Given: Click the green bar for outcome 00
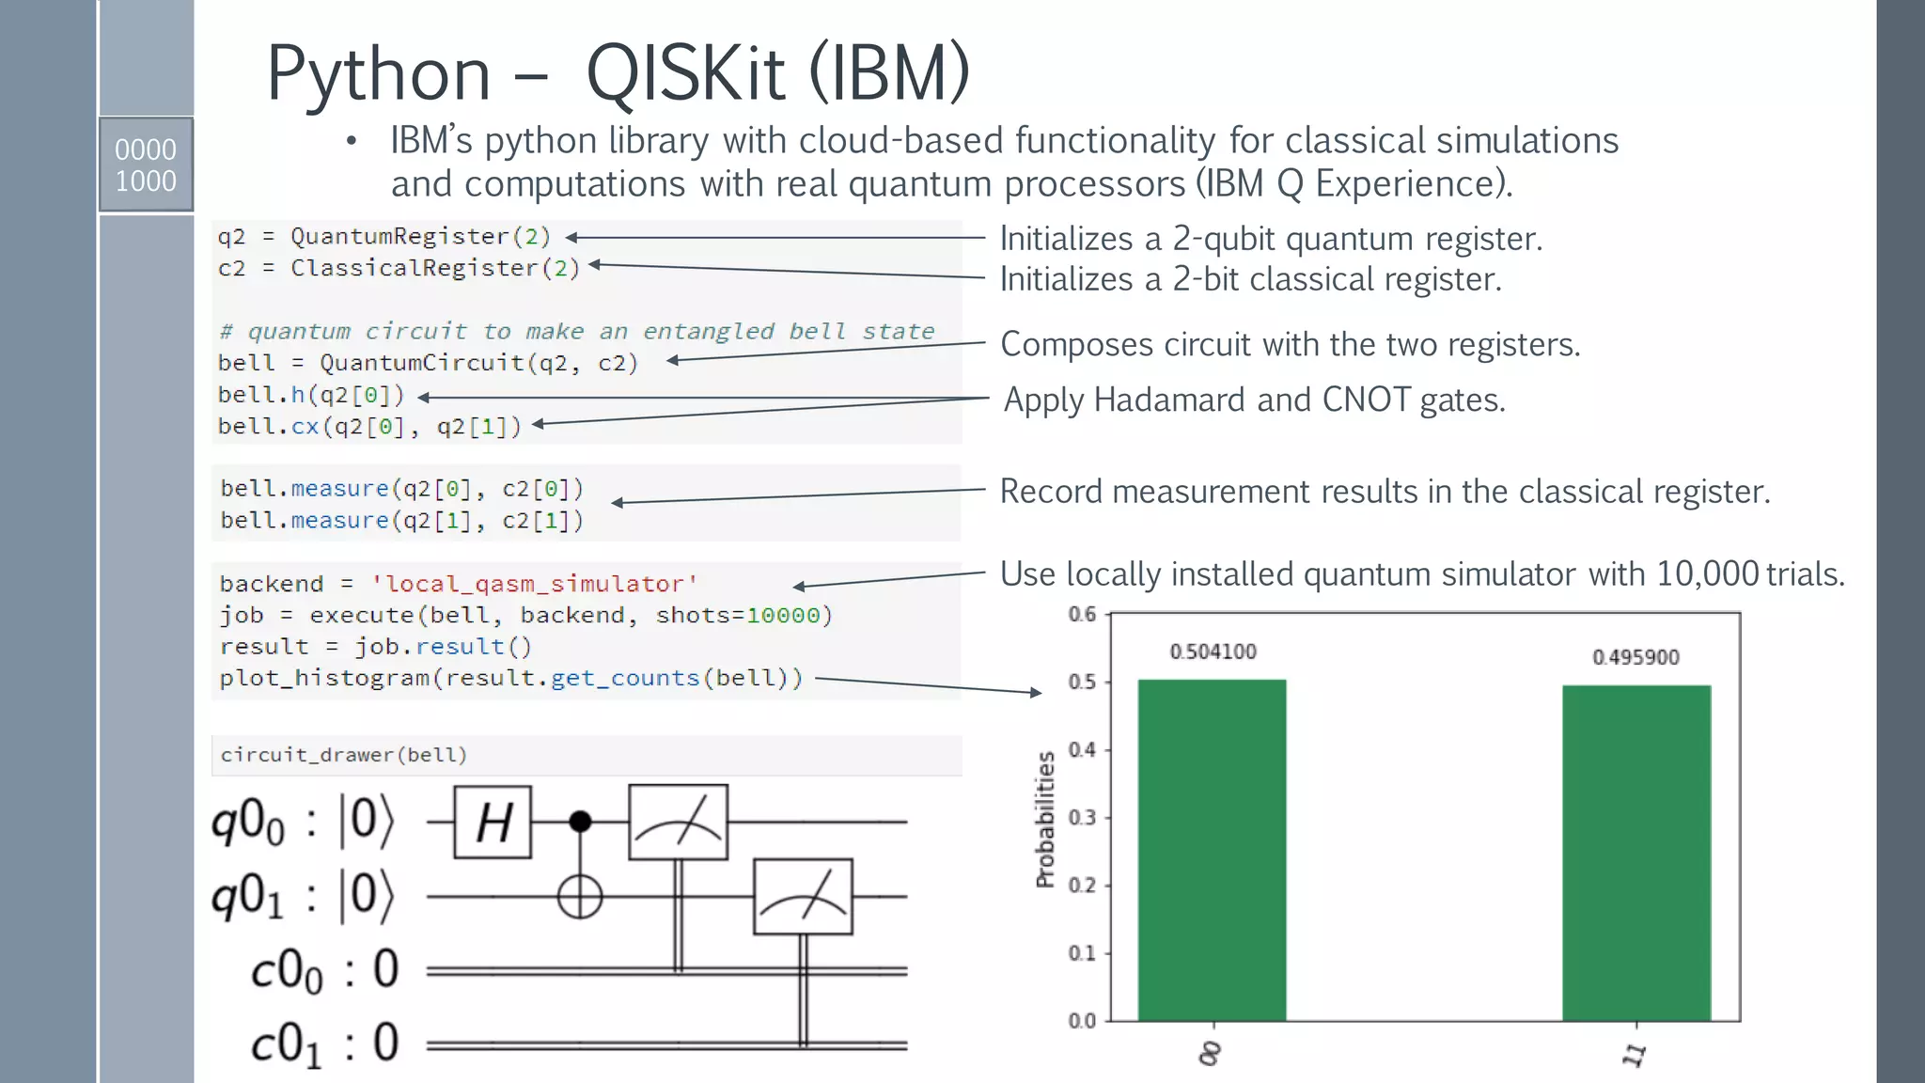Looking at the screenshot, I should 1212,850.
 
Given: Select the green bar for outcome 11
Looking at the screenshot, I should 1636,853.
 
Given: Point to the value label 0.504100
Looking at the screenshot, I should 1213,651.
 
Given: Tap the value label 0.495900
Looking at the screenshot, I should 1635,657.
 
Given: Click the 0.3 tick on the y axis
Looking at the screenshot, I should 1083,817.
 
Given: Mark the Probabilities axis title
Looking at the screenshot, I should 1045,819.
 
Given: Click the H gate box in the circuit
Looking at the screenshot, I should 493,823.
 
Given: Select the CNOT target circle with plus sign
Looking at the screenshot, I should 580,897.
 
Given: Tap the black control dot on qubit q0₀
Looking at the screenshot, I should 581,822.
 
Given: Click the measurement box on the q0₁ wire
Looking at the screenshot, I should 803,897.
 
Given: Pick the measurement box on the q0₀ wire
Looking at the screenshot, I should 678,823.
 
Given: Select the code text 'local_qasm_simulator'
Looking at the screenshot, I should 534,584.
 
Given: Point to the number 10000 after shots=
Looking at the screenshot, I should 783,616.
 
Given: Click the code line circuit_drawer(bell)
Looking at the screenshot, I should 343,755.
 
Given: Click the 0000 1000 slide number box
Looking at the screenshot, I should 146,165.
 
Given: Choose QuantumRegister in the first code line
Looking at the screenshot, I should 399,237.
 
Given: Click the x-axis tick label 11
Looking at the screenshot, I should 1635,1054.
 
